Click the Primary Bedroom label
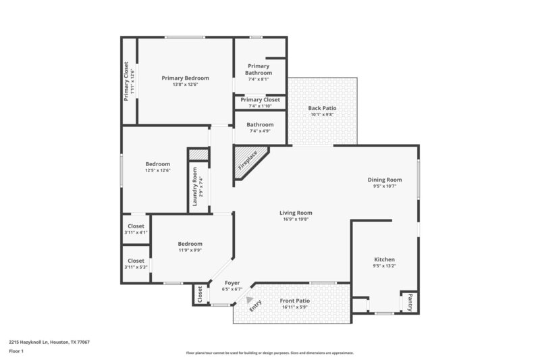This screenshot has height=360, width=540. click(185, 78)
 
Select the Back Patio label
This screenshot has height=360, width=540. click(322, 108)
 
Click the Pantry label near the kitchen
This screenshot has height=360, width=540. click(409, 303)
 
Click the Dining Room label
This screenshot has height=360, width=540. click(385, 180)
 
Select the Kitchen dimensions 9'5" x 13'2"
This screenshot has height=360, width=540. click(384, 267)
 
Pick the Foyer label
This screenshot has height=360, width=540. click(232, 283)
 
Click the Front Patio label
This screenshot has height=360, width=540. click(296, 301)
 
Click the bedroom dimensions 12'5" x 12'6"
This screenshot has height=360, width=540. click(158, 170)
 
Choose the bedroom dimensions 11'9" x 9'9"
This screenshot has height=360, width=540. click(190, 251)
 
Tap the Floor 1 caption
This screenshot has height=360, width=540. click(17, 351)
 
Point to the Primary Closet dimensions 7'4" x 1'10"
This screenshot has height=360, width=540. click(260, 106)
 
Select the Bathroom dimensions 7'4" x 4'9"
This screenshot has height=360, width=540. click(260, 131)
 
